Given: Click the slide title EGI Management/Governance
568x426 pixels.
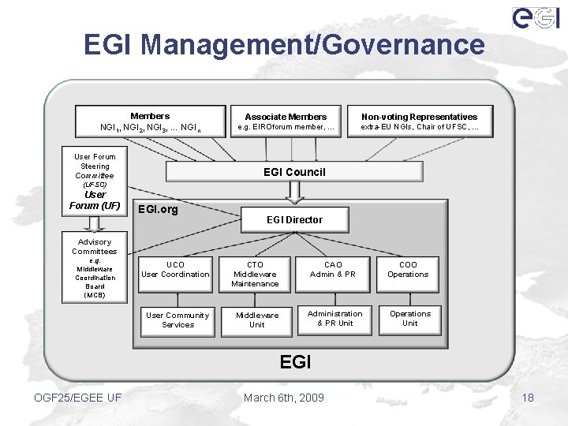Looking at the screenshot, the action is (284, 44).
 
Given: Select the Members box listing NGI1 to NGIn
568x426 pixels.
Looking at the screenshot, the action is (150, 121).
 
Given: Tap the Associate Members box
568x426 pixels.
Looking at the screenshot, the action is (286, 121).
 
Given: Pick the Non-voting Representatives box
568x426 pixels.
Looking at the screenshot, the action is (419, 121).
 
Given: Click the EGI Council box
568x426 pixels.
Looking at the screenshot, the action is (293, 172).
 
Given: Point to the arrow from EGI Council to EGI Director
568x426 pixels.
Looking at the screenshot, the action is (293, 192).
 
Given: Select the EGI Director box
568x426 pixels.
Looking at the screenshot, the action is (294, 219).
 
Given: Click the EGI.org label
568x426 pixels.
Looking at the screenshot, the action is (158, 209).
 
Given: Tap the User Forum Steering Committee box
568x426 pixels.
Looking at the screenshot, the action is (95, 181).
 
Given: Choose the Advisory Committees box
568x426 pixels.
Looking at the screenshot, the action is (95, 267).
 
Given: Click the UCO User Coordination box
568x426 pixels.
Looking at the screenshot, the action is (176, 270).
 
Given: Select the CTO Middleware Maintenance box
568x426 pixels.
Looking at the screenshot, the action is (255, 274).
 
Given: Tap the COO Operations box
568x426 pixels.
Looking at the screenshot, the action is (408, 270).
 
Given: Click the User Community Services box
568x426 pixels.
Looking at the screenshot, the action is (177, 320).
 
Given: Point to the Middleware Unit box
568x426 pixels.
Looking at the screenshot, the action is (257, 320).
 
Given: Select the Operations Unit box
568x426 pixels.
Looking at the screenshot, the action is (410, 318).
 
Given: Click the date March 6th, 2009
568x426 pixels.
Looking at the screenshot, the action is (284, 398).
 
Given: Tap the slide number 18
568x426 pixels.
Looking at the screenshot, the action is (528, 398).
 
